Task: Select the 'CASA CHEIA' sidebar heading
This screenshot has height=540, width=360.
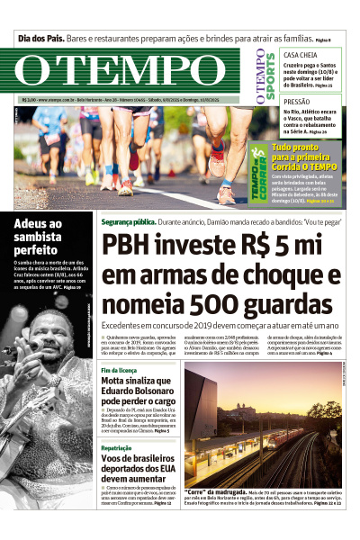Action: coord(301,55)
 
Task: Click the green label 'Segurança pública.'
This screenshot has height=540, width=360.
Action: coord(127,220)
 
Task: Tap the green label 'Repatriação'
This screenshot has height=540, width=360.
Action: coord(117,447)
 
